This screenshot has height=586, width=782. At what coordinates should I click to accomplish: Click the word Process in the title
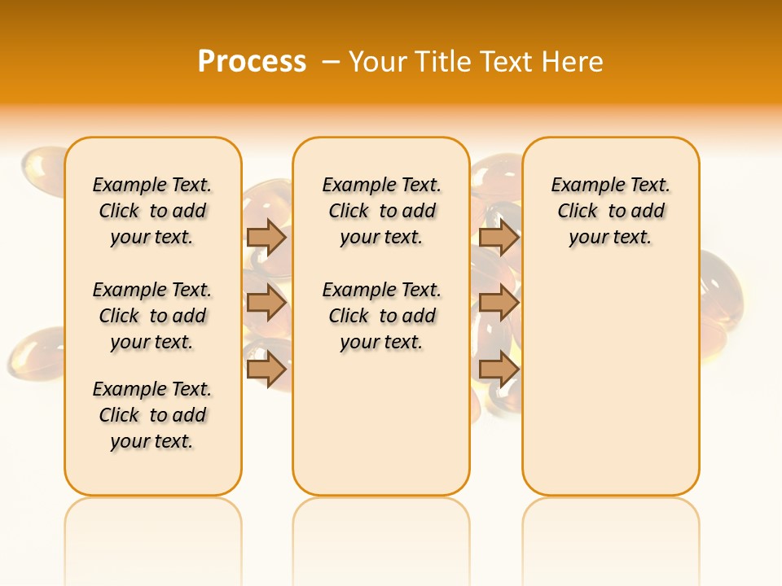[x=252, y=61]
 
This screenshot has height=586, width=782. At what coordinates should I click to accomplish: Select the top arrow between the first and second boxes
[x=266, y=237]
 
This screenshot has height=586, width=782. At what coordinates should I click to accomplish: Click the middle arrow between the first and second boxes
[x=266, y=303]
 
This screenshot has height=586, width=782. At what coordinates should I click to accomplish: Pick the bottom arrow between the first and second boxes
[x=266, y=370]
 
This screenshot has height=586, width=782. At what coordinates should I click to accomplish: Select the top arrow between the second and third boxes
[x=499, y=237]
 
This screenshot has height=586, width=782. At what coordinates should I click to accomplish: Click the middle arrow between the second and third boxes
[x=499, y=303]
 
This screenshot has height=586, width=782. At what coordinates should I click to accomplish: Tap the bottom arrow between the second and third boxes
[x=499, y=370]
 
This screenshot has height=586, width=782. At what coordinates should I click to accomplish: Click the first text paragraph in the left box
[x=152, y=211]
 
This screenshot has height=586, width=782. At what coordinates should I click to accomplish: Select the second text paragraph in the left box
[x=152, y=316]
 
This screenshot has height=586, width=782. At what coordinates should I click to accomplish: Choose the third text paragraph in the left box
[x=152, y=415]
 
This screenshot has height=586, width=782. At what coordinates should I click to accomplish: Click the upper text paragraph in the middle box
[x=381, y=211]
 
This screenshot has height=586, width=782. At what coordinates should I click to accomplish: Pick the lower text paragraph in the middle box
[x=381, y=316]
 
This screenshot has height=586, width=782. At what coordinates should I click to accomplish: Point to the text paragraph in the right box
[x=610, y=211]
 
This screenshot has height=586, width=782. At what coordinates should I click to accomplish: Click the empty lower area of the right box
[x=610, y=383]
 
